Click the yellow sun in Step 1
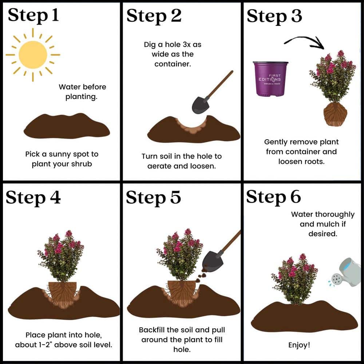[x=33, y=55]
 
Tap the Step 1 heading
[x=33, y=15]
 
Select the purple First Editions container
[x=270, y=79]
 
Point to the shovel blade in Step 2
[x=200, y=105]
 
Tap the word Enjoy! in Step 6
[x=299, y=345]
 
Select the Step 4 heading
[x=33, y=198]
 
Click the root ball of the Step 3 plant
[x=335, y=114]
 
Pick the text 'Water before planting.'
[x=82, y=92]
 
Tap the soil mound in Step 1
[x=67, y=126]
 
